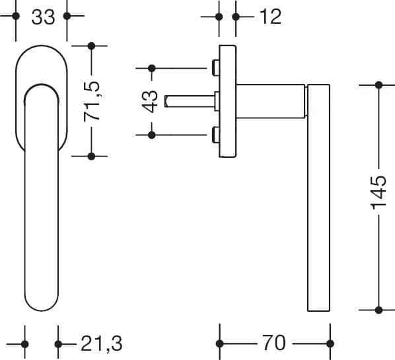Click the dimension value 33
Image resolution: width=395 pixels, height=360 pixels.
(x=43, y=17)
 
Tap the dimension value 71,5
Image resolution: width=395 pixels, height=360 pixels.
(x=92, y=101)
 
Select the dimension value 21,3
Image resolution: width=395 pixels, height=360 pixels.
(x=102, y=343)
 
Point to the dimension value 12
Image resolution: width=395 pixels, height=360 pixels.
(x=270, y=17)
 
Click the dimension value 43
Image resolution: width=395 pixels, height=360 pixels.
(x=150, y=101)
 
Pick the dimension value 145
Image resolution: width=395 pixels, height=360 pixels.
(x=379, y=193)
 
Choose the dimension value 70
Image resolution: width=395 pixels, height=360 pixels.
(x=274, y=343)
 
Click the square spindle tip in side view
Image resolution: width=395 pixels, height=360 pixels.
(x=166, y=101)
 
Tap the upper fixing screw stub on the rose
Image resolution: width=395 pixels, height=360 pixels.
(x=215, y=68)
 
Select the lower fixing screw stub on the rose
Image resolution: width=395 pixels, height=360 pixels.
(x=215, y=135)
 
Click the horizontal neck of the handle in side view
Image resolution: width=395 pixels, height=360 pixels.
(x=271, y=101)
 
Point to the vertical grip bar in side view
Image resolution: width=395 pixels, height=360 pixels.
(x=318, y=198)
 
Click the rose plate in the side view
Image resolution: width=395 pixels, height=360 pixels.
(x=227, y=101)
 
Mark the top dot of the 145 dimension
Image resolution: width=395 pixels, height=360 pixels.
(x=378, y=85)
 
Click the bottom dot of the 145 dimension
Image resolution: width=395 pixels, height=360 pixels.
(x=378, y=310)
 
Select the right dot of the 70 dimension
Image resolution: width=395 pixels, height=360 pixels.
(x=330, y=343)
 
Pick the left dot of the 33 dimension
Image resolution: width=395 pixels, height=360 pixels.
(x=16, y=16)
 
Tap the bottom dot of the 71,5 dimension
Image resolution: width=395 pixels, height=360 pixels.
(x=92, y=156)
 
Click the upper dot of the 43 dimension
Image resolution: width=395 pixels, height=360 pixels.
(x=152, y=68)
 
